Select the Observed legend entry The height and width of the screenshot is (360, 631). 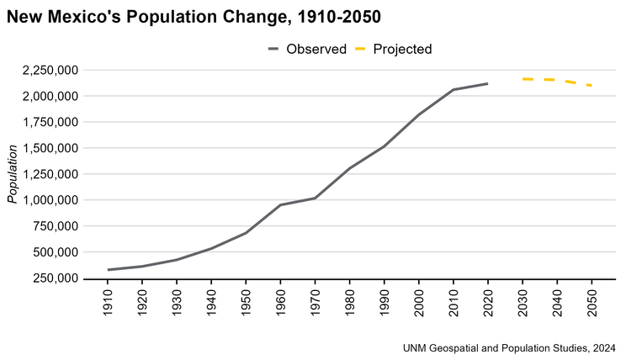(x=307, y=49)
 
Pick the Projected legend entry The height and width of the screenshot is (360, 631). (x=393, y=49)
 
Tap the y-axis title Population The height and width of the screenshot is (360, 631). (x=13, y=174)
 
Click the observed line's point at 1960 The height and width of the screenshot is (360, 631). (x=280, y=204)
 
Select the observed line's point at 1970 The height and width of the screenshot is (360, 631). (x=315, y=198)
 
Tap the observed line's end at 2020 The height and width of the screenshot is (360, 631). (x=487, y=83)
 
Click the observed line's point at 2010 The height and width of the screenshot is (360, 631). (x=453, y=89)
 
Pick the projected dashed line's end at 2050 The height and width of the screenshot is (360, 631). (x=591, y=85)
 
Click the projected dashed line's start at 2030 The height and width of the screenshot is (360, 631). (x=522, y=79)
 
